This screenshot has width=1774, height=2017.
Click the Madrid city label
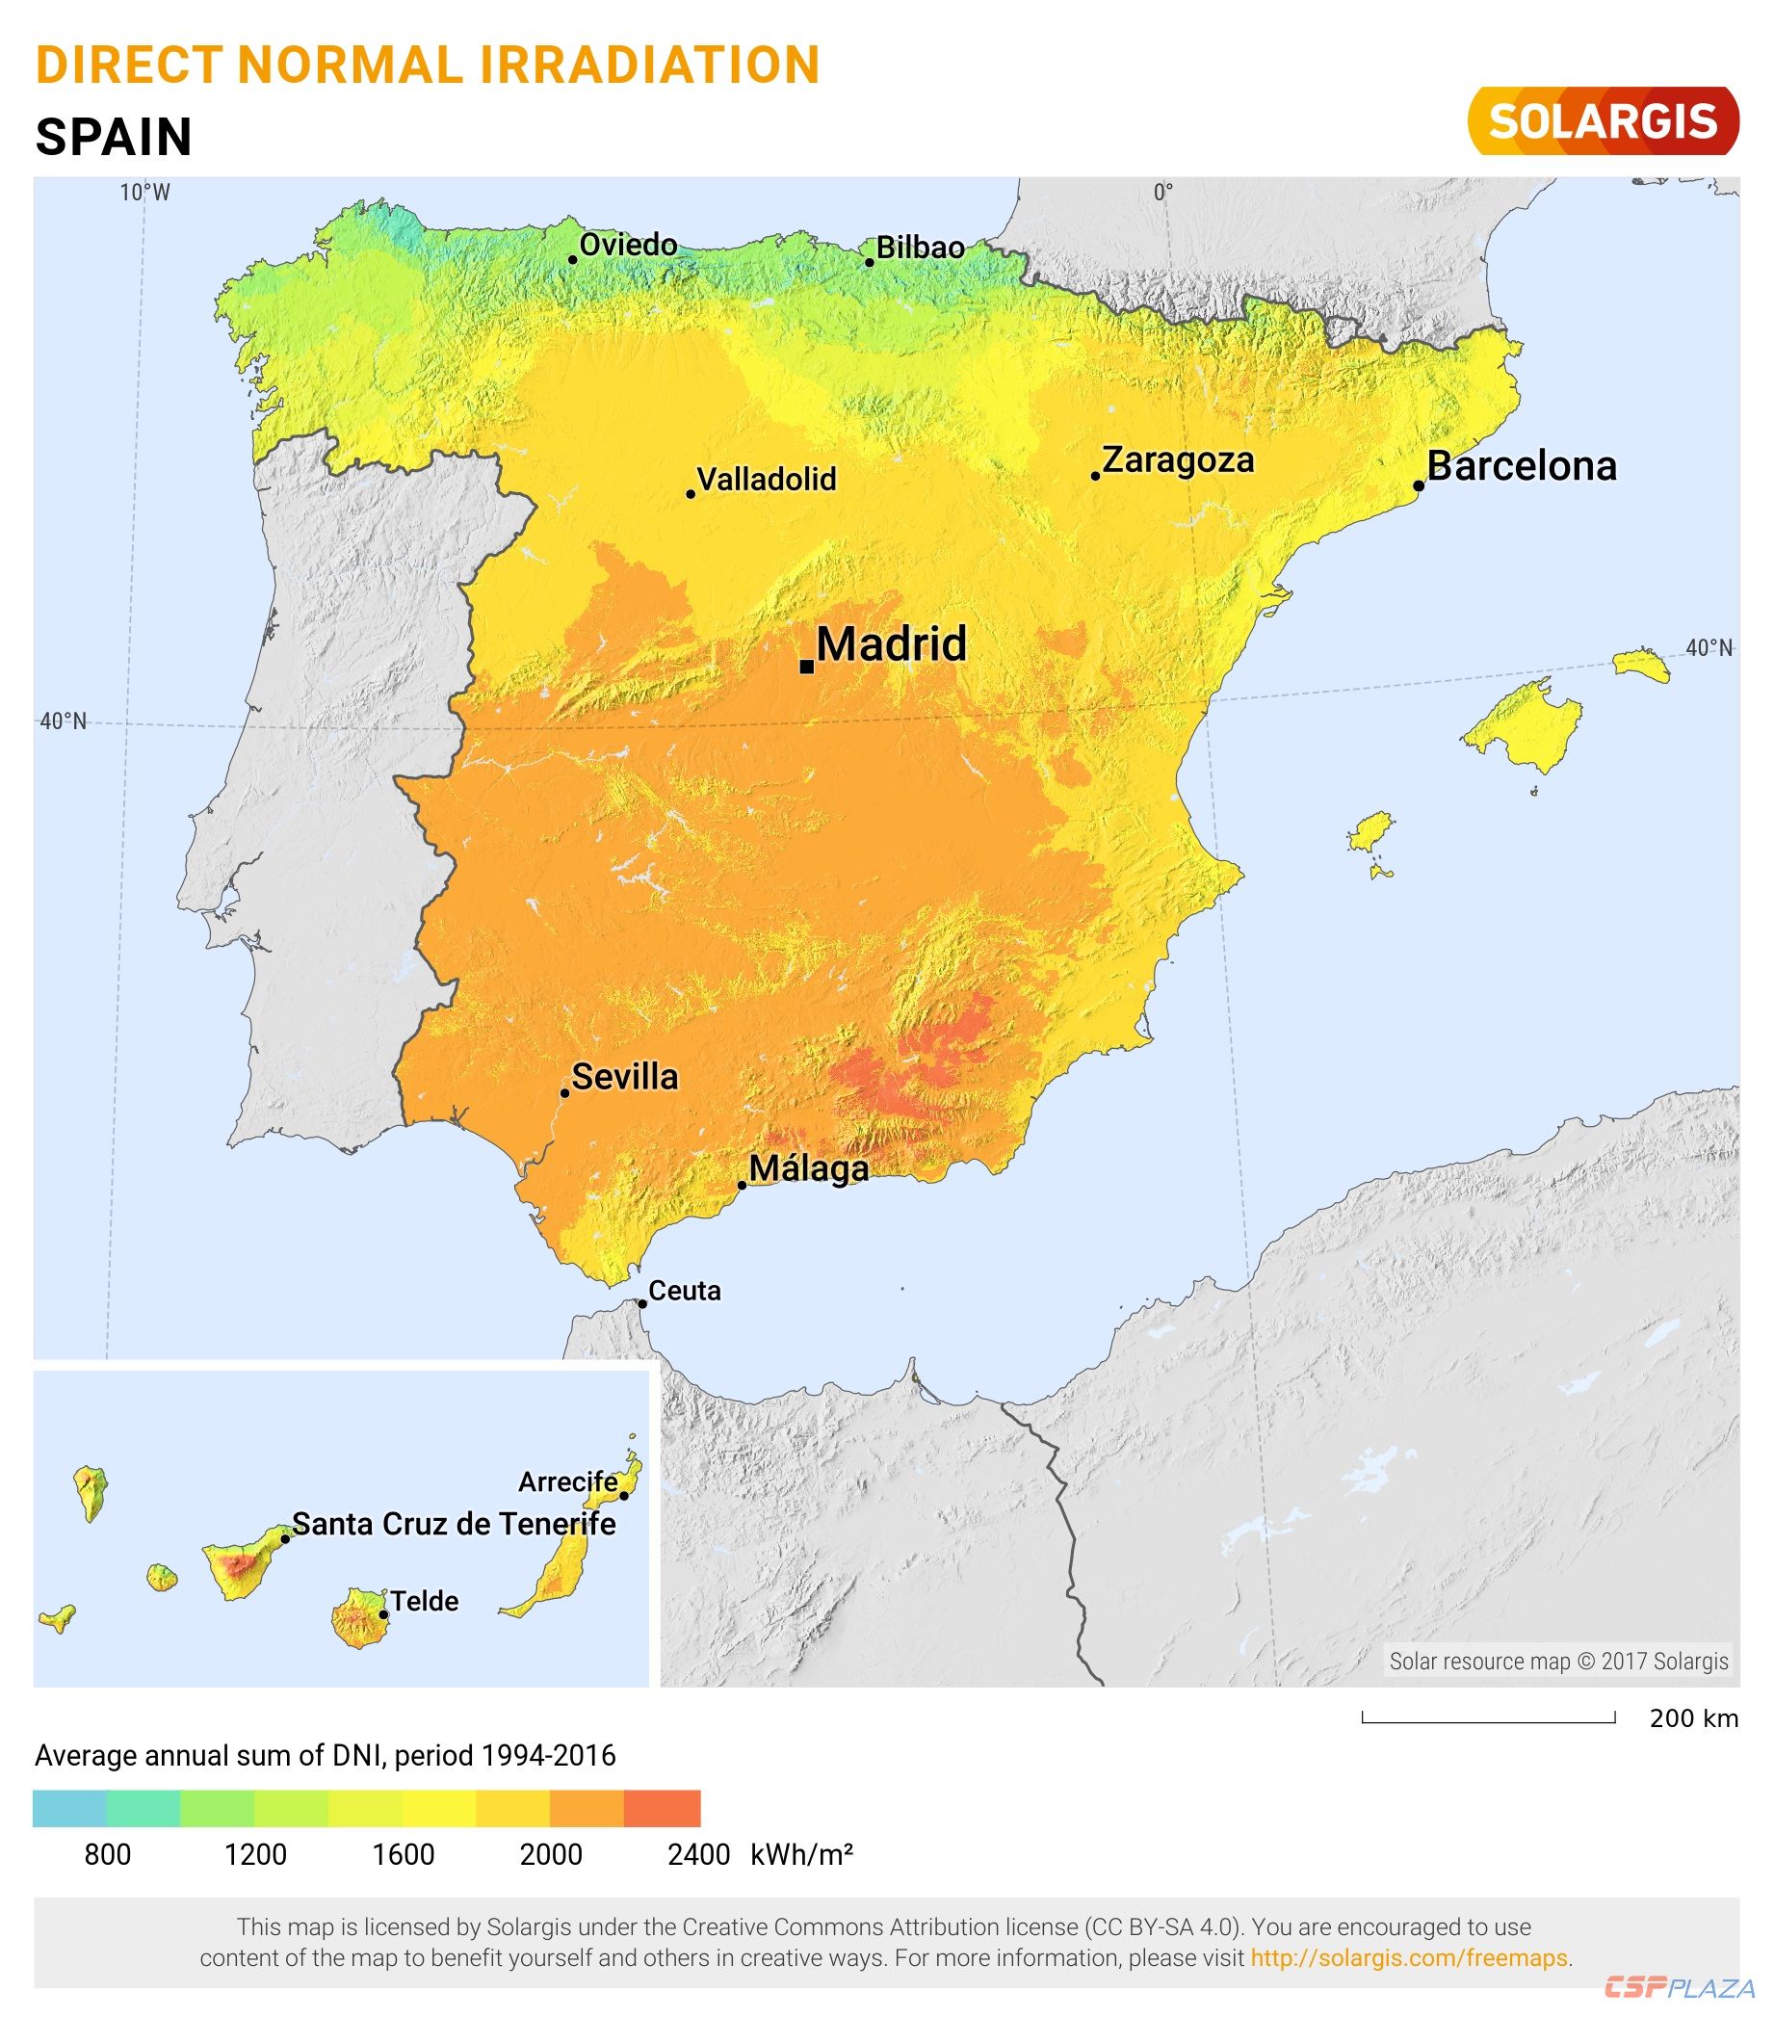(891, 644)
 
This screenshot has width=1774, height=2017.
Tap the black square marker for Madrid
(806, 668)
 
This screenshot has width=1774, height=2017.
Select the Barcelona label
(1522, 466)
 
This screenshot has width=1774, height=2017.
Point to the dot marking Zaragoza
(1095, 476)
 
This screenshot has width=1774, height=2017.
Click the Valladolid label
(767, 480)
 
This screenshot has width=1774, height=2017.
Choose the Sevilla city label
(624, 1077)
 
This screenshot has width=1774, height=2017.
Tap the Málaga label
(809, 1168)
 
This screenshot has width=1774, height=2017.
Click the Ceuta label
(685, 1291)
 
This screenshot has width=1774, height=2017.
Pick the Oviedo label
(629, 245)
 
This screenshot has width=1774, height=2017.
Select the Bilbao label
(920, 248)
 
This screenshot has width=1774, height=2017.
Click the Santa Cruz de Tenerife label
(454, 1525)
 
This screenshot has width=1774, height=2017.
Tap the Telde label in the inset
(425, 1602)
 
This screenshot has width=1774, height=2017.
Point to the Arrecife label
(568, 1482)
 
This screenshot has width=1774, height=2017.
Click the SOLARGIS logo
(1603, 121)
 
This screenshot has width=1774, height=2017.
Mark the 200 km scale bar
(1488, 1719)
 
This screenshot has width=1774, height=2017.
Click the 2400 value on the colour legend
(698, 1855)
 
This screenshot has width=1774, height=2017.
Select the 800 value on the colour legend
(108, 1855)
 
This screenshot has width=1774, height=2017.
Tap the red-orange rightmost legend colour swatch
(662, 1809)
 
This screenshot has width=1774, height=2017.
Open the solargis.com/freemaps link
(1408, 1958)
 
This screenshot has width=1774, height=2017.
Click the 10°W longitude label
(145, 193)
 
